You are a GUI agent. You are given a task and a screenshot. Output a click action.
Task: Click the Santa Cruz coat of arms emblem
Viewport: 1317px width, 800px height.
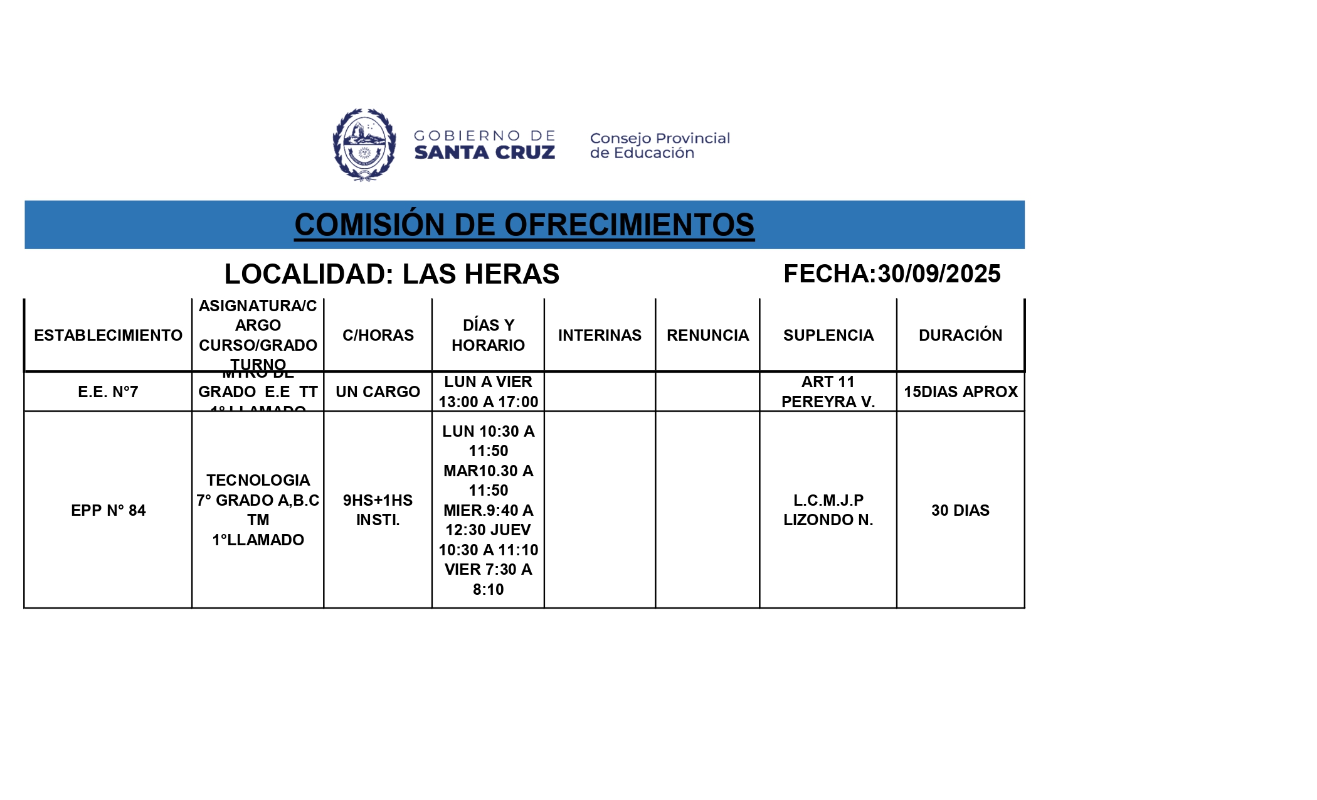coord(364,145)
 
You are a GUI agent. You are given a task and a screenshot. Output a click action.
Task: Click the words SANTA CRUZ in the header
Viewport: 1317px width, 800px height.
coord(484,153)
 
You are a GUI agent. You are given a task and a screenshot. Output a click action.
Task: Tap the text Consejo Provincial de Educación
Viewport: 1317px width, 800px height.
coord(659,146)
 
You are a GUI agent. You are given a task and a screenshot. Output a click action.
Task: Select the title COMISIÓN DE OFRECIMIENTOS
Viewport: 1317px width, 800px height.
coord(524,225)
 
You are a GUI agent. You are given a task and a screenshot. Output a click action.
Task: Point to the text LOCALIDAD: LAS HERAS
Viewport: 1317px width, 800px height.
coord(391,274)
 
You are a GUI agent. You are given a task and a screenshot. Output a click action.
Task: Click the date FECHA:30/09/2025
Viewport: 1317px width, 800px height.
coord(891,274)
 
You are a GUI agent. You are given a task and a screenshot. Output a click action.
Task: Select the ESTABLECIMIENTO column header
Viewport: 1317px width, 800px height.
coord(108,335)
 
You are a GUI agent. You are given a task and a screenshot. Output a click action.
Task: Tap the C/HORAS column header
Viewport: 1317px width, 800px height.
coord(378,335)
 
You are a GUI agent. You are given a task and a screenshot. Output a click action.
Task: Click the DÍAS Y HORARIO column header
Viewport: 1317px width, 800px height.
coord(488,335)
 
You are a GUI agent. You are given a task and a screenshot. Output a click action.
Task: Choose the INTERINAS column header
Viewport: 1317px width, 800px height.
coord(600,335)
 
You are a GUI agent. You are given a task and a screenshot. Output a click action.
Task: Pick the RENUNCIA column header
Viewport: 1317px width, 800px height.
coord(707,335)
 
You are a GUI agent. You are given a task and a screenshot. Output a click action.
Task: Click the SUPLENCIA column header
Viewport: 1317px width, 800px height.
coord(828,335)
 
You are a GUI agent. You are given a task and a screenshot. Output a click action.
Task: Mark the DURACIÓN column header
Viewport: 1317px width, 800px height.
coord(960,335)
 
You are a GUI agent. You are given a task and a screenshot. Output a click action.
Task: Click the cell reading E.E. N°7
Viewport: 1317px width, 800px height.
coord(108,392)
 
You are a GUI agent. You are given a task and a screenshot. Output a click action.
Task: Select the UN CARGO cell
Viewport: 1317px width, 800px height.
coord(378,392)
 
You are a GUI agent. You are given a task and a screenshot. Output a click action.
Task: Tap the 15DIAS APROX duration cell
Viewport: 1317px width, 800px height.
coord(960,392)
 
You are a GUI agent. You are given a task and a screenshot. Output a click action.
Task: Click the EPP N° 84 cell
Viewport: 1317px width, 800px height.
coord(108,510)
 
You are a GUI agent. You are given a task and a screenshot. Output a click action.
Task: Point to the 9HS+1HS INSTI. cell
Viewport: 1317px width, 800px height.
coord(378,510)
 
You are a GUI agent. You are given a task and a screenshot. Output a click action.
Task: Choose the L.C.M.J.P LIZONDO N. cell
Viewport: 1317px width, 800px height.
coord(828,510)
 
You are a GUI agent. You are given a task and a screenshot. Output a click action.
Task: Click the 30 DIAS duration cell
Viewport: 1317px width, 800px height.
coord(960,510)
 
